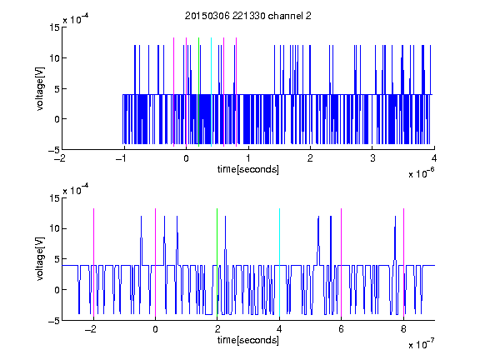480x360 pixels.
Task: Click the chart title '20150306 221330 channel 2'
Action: [248, 16]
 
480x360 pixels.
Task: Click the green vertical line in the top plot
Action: [198, 92]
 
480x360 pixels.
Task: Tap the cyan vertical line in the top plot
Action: [211, 92]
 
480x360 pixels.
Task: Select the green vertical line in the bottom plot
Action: [217, 262]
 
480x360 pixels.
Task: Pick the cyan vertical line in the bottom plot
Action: [279, 262]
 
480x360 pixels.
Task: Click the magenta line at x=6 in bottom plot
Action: [342, 262]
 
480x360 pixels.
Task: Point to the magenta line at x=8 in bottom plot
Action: [404, 262]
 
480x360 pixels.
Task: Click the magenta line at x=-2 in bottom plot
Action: [93, 262]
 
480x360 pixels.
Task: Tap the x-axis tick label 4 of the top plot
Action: [434, 158]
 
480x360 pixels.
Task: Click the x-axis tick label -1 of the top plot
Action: [122, 158]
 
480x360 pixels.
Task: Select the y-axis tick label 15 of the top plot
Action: [55, 27]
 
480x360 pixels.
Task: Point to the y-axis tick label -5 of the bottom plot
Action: [54, 321]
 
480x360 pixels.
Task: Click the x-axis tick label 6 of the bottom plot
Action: [342, 329]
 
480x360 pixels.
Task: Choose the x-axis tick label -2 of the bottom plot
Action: [91, 329]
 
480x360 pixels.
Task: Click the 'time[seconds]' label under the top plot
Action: [248, 169]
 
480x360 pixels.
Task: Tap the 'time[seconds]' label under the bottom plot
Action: [248, 340]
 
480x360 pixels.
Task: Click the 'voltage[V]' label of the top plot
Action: [40, 89]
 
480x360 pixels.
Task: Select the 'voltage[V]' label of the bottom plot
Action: [40, 259]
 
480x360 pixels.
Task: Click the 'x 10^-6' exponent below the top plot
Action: [421, 173]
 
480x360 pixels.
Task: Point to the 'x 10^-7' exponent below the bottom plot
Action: [421, 344]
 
